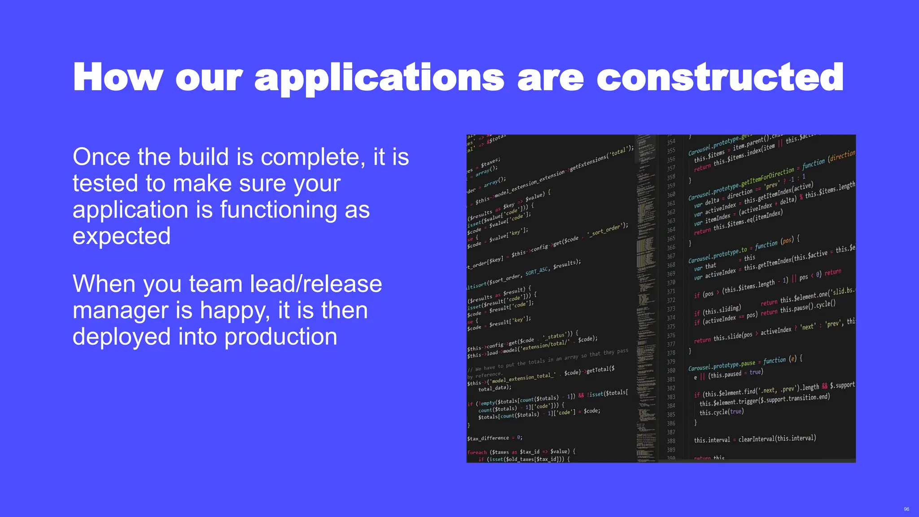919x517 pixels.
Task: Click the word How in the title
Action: click(x=118, y=77)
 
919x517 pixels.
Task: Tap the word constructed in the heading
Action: click(x=720, y=77)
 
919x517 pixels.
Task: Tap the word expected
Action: click(x=122, y=237)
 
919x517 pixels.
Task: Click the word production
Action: click(x=280, y=337)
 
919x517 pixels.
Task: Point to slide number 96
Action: click(x=906, y=509)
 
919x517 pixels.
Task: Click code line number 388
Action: click(x=671, y=441)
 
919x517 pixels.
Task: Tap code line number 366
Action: click(x=671, y=248)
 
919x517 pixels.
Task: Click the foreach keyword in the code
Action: click(x=477, y=452)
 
